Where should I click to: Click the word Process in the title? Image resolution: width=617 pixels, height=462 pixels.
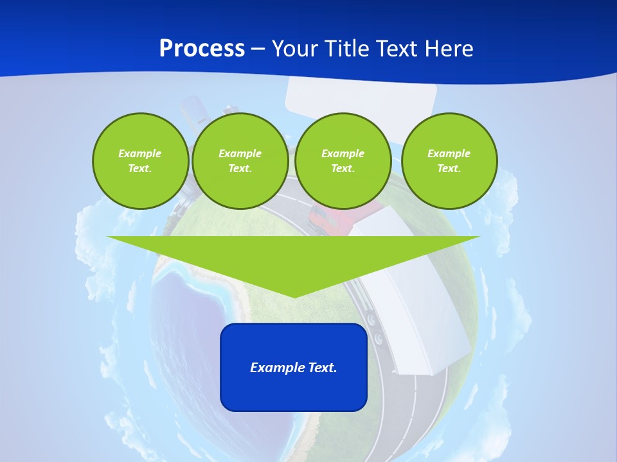(202, 49)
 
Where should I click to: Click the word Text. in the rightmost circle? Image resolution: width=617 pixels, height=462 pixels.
(449, 168)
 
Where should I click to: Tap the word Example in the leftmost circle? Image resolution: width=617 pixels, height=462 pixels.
(140, 153)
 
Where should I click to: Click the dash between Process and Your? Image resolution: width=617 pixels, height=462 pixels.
(258, 49)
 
